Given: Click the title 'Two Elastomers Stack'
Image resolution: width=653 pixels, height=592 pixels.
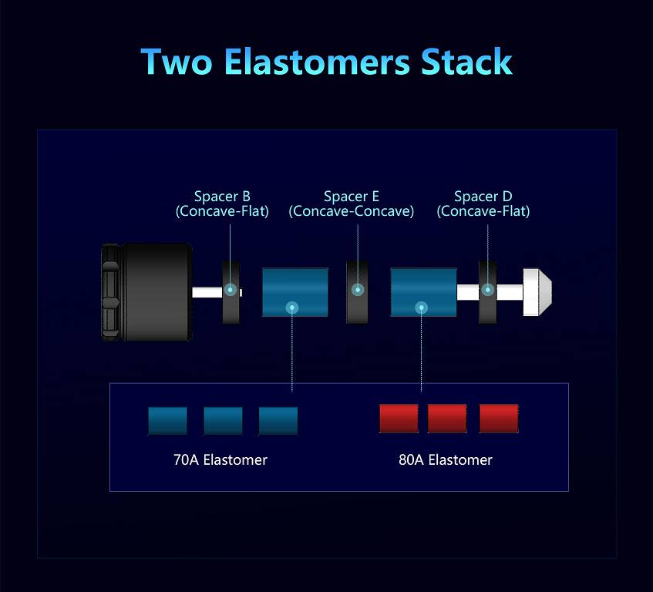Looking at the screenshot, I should point(326,62).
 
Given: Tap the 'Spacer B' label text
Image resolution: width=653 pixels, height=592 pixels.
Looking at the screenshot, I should point(222,197).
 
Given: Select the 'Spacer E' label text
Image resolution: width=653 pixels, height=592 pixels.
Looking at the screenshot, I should point(351,197).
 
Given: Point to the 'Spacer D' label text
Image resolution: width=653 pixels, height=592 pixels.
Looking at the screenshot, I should point(483,197).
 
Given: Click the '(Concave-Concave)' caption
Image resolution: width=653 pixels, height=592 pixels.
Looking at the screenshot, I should point(351,211).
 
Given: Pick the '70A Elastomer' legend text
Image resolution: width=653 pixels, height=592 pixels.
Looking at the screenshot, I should point(220,460).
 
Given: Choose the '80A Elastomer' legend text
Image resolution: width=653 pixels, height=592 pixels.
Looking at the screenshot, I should point(446,460).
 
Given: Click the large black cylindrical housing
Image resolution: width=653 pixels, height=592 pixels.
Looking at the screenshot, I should point(154,291).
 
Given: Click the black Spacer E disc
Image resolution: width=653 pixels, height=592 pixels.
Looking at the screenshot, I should point(357,291).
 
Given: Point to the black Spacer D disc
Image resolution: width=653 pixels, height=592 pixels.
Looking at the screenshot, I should point(488,291).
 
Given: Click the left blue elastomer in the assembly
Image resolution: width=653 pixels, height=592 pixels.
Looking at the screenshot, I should point(295,292).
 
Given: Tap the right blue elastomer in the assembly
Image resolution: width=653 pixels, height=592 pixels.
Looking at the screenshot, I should point(423,292).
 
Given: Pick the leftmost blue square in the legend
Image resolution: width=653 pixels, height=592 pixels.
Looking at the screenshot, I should point(167,420).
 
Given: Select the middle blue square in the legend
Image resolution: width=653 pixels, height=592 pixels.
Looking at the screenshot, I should point(223,420).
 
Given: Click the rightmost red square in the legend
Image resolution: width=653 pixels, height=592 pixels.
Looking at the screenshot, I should point(499,419).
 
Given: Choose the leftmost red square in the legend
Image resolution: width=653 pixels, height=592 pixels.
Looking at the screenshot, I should point(399,419).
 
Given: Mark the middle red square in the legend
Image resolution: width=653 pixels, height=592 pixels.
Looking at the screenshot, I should point(447,419).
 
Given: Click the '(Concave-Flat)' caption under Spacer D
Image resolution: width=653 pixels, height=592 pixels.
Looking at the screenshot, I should point(483,211).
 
